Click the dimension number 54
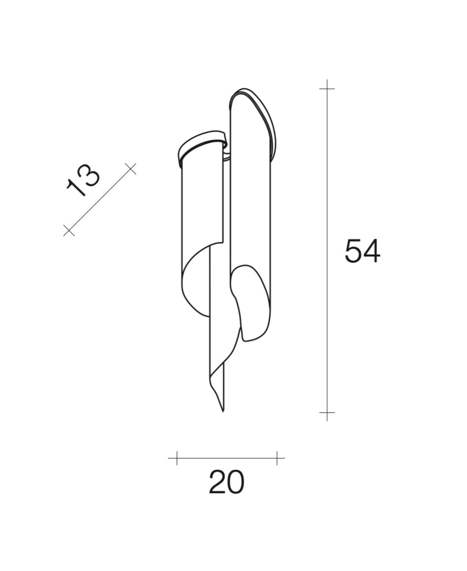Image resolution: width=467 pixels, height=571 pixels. click(362, 251)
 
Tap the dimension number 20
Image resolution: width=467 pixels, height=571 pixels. click(226, 482)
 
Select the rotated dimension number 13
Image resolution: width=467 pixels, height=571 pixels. click(83, 180)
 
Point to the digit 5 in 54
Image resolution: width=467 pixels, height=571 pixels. click(353, 251)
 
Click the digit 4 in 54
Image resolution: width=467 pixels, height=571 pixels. click(372, 251)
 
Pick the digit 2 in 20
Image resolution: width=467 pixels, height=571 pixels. click(217, 482)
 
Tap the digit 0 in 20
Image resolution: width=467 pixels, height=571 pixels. click(235, 482)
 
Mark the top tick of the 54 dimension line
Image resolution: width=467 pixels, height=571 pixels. click(327, 89)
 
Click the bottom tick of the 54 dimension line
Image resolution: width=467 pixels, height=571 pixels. click(327, 413)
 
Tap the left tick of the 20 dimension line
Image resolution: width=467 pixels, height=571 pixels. click(177, 458)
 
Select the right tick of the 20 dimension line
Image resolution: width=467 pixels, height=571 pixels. click(277, 458)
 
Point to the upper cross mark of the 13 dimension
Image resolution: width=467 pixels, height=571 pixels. click(131, 168)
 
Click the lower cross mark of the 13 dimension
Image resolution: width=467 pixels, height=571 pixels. click(68, 230)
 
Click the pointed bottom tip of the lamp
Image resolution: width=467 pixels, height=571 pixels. click(223, 410)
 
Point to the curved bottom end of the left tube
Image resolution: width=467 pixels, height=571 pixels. click(195, 291)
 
